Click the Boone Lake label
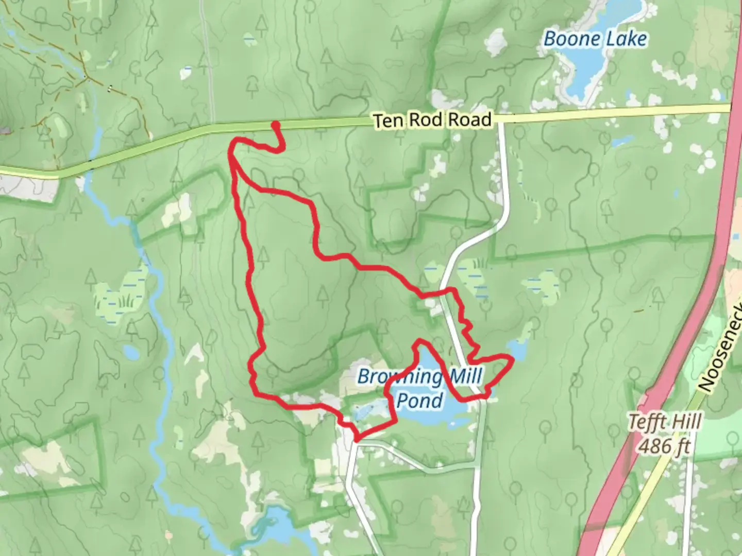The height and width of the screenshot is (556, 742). pos(595,39)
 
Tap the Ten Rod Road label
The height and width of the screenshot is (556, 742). pos(432,120)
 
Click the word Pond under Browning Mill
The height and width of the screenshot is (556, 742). pos(420,401)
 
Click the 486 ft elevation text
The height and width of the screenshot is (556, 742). pos(664,446)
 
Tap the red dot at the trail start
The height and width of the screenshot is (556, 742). pos(276,125)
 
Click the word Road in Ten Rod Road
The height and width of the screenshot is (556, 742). pos(469,119)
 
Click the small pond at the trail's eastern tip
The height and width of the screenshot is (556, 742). pos(517,350)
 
